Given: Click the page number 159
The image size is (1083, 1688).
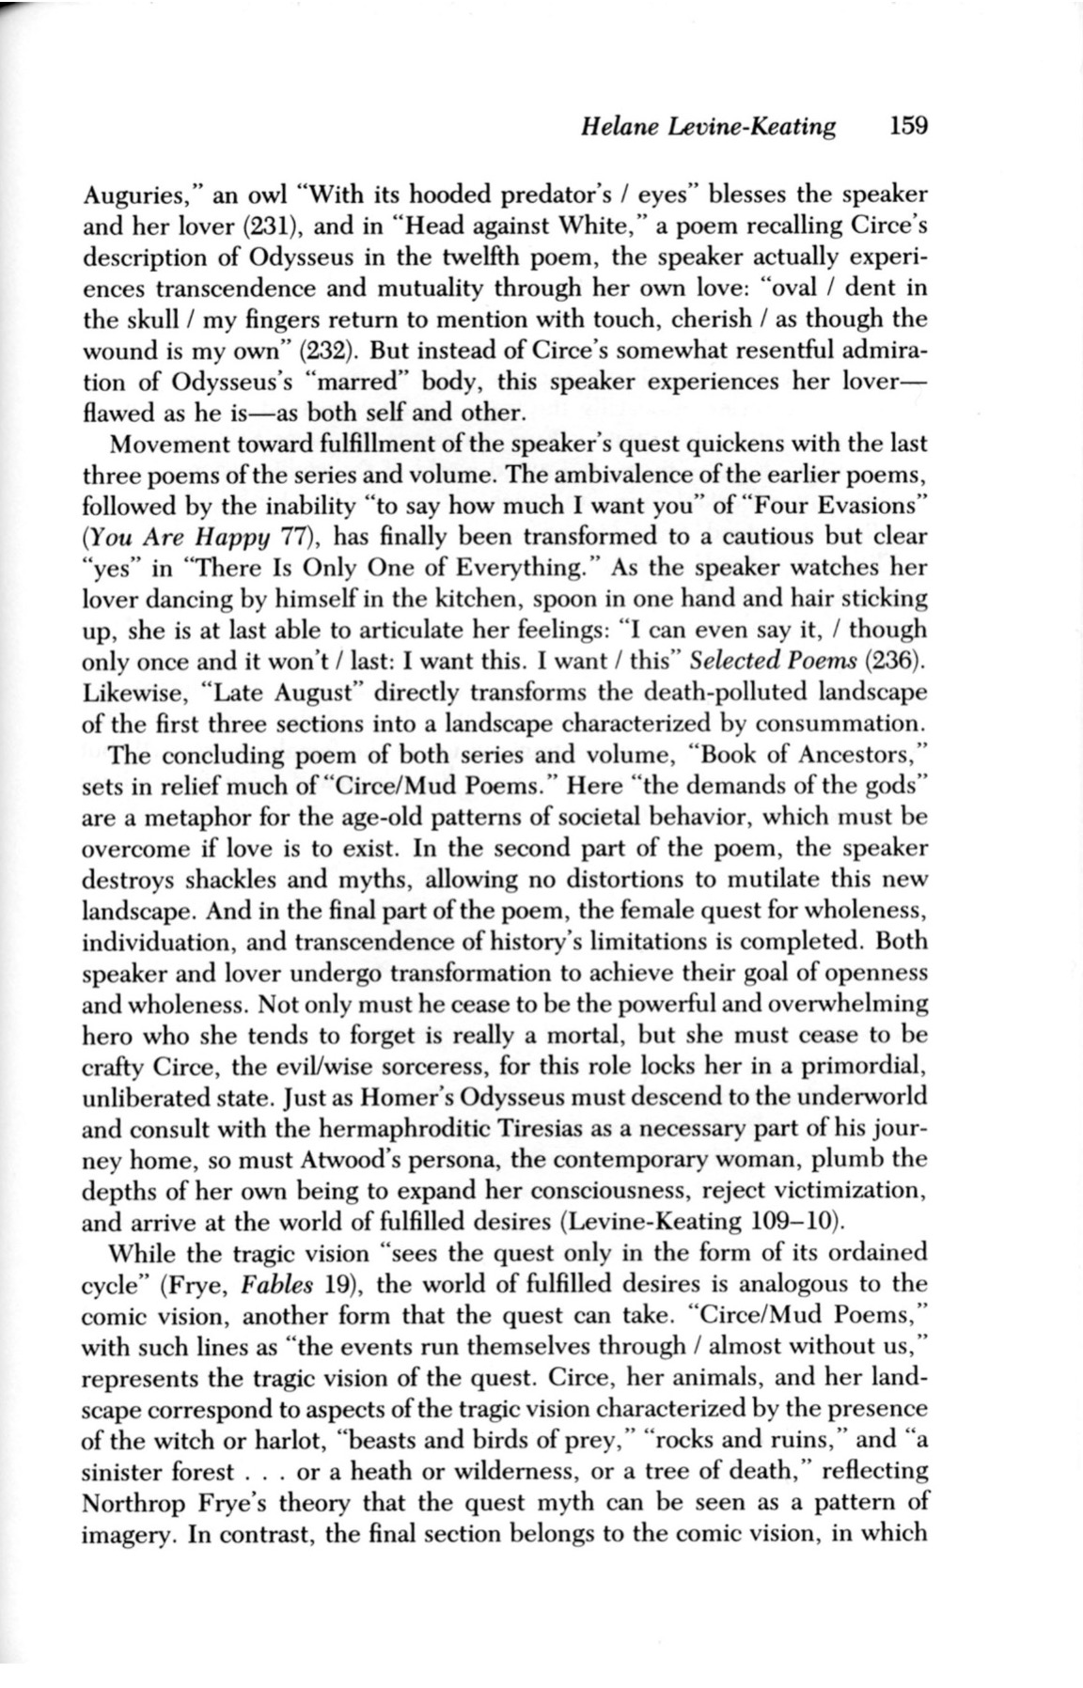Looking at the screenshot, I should coord(908,125).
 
